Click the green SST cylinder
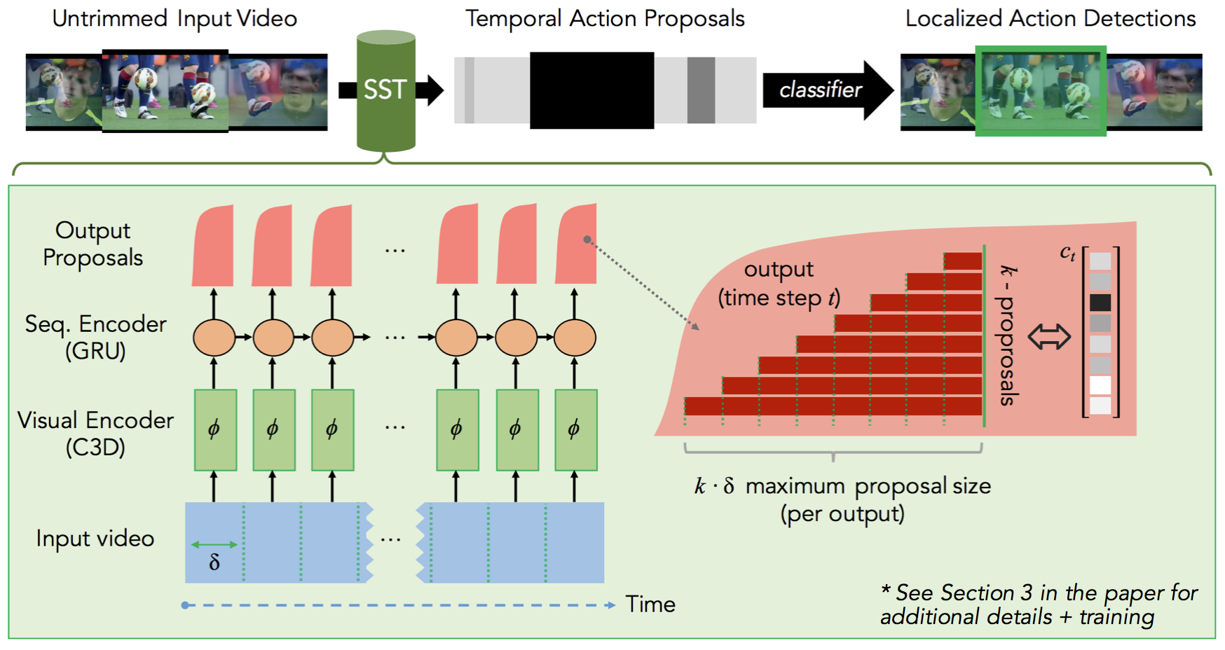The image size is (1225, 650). [x=385, y=91]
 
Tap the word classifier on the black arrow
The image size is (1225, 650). [x=820, y=90]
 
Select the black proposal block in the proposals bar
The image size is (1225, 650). [x=591, y=90]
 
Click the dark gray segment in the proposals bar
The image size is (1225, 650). [x=701, y=90]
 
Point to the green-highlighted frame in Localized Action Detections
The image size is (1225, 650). [x=1041, y=91]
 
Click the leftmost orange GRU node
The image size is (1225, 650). [x=214, y=338]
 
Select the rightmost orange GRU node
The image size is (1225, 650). [x=575, y=338]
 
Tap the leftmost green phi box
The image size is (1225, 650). [x=215, y=429]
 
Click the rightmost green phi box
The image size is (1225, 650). [x=575, y=429]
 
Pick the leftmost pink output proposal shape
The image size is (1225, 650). [x=213, y=247]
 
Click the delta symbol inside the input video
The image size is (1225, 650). [x=214, y=562]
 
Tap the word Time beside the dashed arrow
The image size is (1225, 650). [x=650, y=604]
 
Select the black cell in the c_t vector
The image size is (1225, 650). [x=1100, y=303]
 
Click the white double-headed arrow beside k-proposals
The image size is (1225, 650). [x=1049, y=337]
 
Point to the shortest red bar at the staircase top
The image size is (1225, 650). [x=963, y=261]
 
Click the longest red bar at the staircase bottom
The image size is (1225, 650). [x=833, y=406]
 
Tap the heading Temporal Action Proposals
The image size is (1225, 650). [x=605, y=19]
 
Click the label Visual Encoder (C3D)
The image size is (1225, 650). [x=95, y=433]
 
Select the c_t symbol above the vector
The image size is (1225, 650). [x=1067, y=253]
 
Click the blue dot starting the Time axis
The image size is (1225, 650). [x=185, y=605]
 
